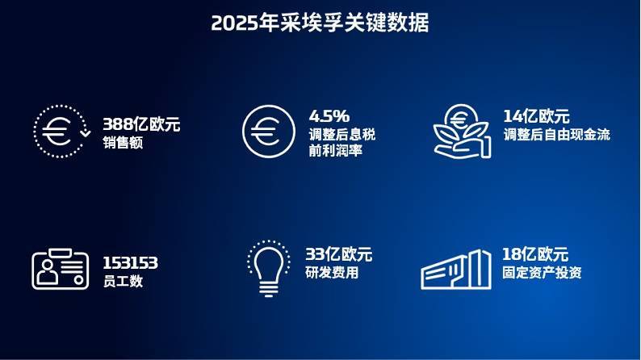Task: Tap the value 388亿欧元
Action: tap(141, 124)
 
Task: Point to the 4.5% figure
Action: tap(329, 115)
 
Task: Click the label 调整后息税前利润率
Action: tap(341, 141)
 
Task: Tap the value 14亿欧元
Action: tap(536, 115)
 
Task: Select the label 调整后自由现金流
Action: tap(556, 135)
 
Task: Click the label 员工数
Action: tap(123, 282)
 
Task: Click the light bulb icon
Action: tap(269, 267)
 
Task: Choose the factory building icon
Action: tap(456, 269)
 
